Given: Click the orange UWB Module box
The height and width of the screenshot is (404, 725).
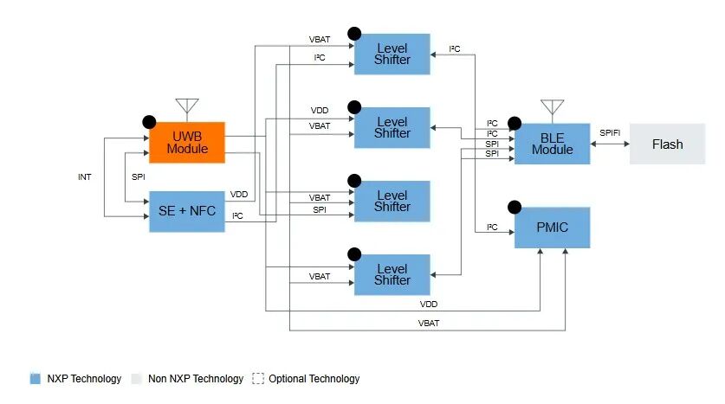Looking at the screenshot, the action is point(187,143).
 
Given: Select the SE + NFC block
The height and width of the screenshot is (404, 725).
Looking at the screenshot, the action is point(187,211).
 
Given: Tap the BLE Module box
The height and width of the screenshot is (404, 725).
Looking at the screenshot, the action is point(552,144).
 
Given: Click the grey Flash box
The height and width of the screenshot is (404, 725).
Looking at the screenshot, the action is point(667,144).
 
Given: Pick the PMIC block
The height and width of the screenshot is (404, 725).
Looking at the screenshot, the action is point(552,228).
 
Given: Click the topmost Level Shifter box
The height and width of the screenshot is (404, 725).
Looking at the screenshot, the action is point(392,54).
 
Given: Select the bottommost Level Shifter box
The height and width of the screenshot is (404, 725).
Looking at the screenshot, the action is point(392,275).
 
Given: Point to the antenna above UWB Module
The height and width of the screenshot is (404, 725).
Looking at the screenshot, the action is point(187,106).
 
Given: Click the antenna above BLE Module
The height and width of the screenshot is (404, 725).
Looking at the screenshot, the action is point(552,107).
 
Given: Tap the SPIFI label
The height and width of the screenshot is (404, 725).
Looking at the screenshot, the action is point(610,133).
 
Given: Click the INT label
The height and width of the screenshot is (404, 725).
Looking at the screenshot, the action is point(85,176).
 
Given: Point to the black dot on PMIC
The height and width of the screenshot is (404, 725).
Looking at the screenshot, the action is point(515,208).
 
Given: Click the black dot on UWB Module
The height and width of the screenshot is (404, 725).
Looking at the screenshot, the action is point(149,122).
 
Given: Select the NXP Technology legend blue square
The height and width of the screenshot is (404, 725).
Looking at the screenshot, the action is point(36,379).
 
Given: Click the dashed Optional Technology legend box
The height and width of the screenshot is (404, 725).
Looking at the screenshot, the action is point(258,379).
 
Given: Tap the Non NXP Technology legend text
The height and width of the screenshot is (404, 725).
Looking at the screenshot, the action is point(196,379).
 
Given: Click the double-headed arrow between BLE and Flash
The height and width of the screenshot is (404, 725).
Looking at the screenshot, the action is point(610,144).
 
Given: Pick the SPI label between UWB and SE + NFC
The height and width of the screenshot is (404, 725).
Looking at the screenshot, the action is point(139,176).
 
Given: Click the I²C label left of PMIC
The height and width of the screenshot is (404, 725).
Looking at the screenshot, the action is point(492,228).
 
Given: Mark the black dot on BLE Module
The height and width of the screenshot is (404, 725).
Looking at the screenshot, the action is point(515,124).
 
